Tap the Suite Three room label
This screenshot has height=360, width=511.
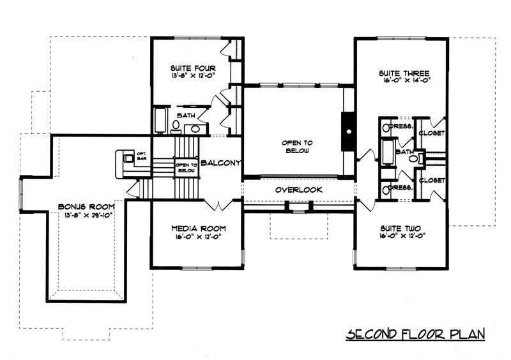click(x=400, y=73)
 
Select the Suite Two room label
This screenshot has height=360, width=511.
click(x=400, y=227)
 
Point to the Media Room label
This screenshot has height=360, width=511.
click(x=197, y=228)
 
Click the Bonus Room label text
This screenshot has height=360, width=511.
click(x=86, y=207)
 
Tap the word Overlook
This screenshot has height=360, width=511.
click(x=298, y=190)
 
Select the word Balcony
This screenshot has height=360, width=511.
click(x=220, y=163)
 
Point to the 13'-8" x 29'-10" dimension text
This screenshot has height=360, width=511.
click(x=86, y=215)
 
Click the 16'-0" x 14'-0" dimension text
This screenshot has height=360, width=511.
click(x=400, y=81)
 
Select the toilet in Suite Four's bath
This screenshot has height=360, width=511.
click(x=176, y=126)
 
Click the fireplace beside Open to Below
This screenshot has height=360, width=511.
click(x=348, y=131)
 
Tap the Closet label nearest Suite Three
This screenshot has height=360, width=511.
click(x=432, y=133)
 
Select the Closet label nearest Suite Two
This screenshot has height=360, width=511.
click(x=432, y=181)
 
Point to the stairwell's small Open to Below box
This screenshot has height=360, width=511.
click(x=185, y=168)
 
